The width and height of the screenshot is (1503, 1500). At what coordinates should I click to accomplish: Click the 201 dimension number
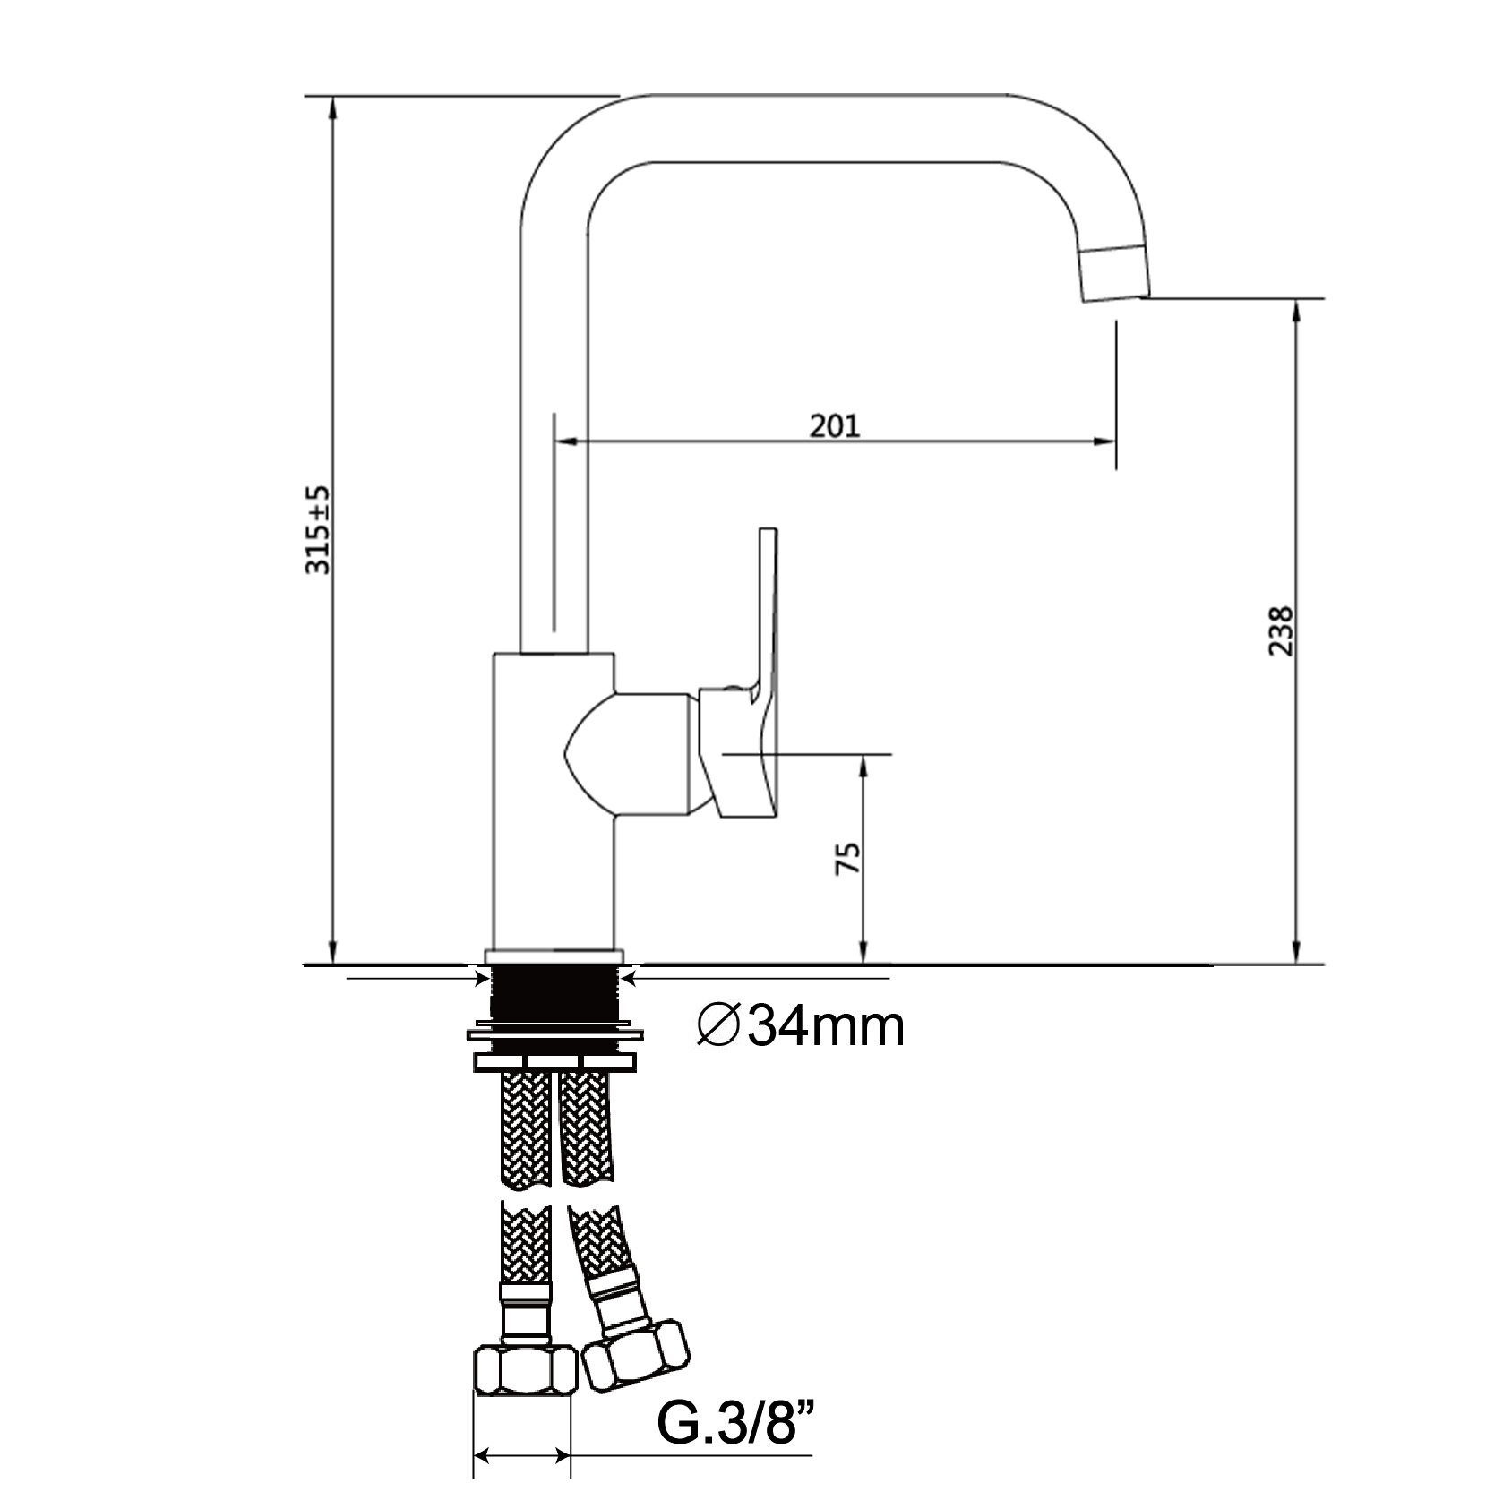tap(834, 425)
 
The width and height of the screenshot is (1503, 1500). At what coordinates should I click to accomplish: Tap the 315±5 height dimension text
tap(318, 530)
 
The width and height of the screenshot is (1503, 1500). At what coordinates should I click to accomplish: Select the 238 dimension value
tap(1281, 631)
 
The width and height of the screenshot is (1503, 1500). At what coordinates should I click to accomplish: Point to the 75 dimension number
tap(848, 858)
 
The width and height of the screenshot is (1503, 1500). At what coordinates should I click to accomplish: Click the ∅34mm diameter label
tap(801, 1027)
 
